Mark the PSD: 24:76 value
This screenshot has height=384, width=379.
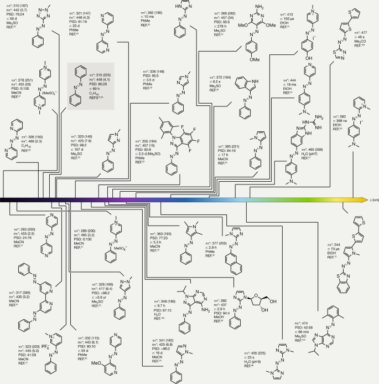20,238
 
